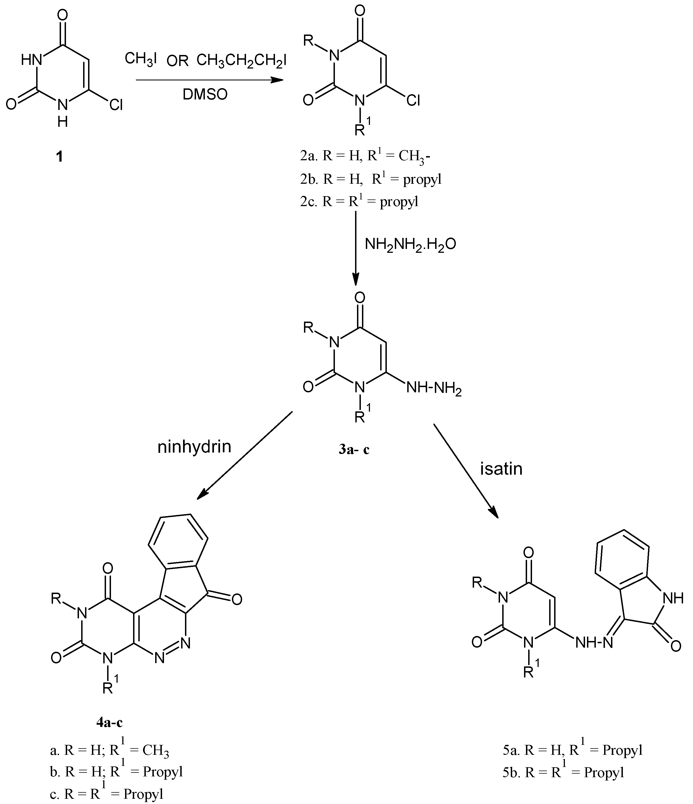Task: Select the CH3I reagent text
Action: pyautogui.click(x=140, y=59)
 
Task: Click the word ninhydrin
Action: pyautogui.click(x=194, y=447)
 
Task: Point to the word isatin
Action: pyautogui.click(x=501, y=469)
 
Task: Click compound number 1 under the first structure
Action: pyautogui.click(x=59, y=157)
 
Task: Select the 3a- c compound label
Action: pyautogui.click(x=354, y=449)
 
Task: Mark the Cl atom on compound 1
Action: pyautogui.click(x=116, y=104)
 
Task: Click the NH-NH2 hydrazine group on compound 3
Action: pyautogui.click(x=433, y=388)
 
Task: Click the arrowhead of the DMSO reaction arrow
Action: pyautogui.click(x=277, y=80)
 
